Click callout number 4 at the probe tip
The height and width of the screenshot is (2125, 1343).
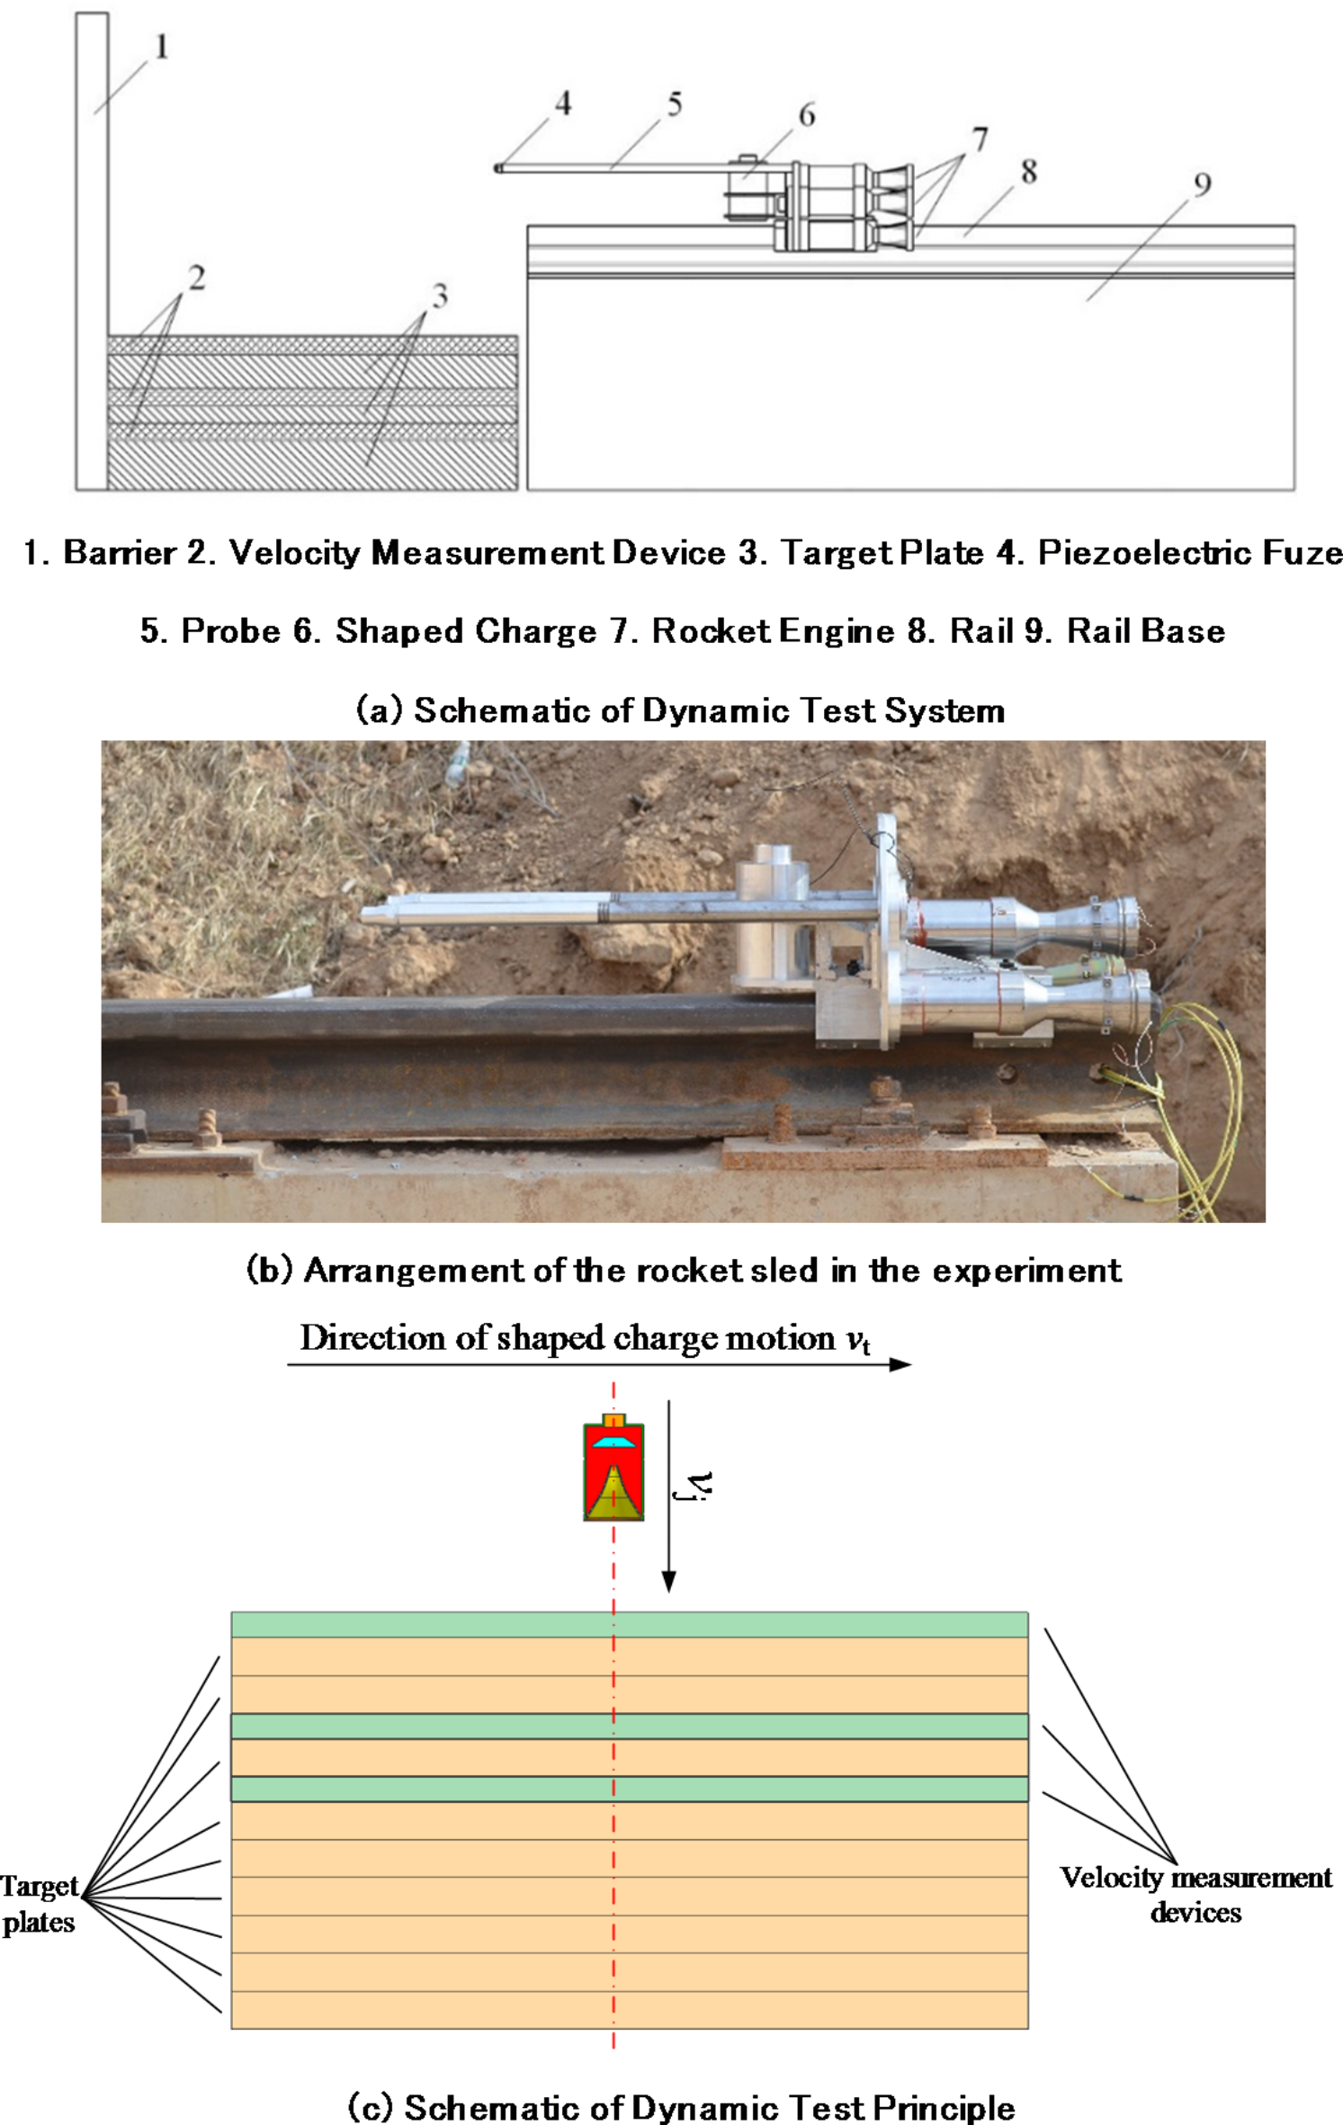[x=563, y=103]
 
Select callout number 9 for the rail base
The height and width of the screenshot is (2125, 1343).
[x=1202, y=184]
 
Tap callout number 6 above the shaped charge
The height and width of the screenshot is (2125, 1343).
[x=807, y=115]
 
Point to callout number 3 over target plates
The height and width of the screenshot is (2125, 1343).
[x=439, y=296]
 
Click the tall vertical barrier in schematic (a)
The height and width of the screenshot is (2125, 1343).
[x=92, y=252]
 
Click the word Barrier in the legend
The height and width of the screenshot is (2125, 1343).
[x=119, y=552]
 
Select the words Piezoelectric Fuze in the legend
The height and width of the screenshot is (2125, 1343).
[x=1189, y=552]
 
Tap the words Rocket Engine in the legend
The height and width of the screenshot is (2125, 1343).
[x=773, y=631]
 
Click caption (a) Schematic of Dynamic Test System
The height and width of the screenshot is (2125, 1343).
[x=680, y=710]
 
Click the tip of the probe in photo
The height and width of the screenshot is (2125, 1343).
[x=367, y=915]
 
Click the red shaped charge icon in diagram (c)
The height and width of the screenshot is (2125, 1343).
[x=613, y=1475]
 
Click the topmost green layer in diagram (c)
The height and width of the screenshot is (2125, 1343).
[x=630, y=1625]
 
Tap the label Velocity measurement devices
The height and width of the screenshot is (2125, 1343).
[x=1195, y=1895]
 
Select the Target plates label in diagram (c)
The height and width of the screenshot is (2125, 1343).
[x=40, y=1904]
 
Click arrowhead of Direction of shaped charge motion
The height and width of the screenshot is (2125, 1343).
[x=900, y=1365]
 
